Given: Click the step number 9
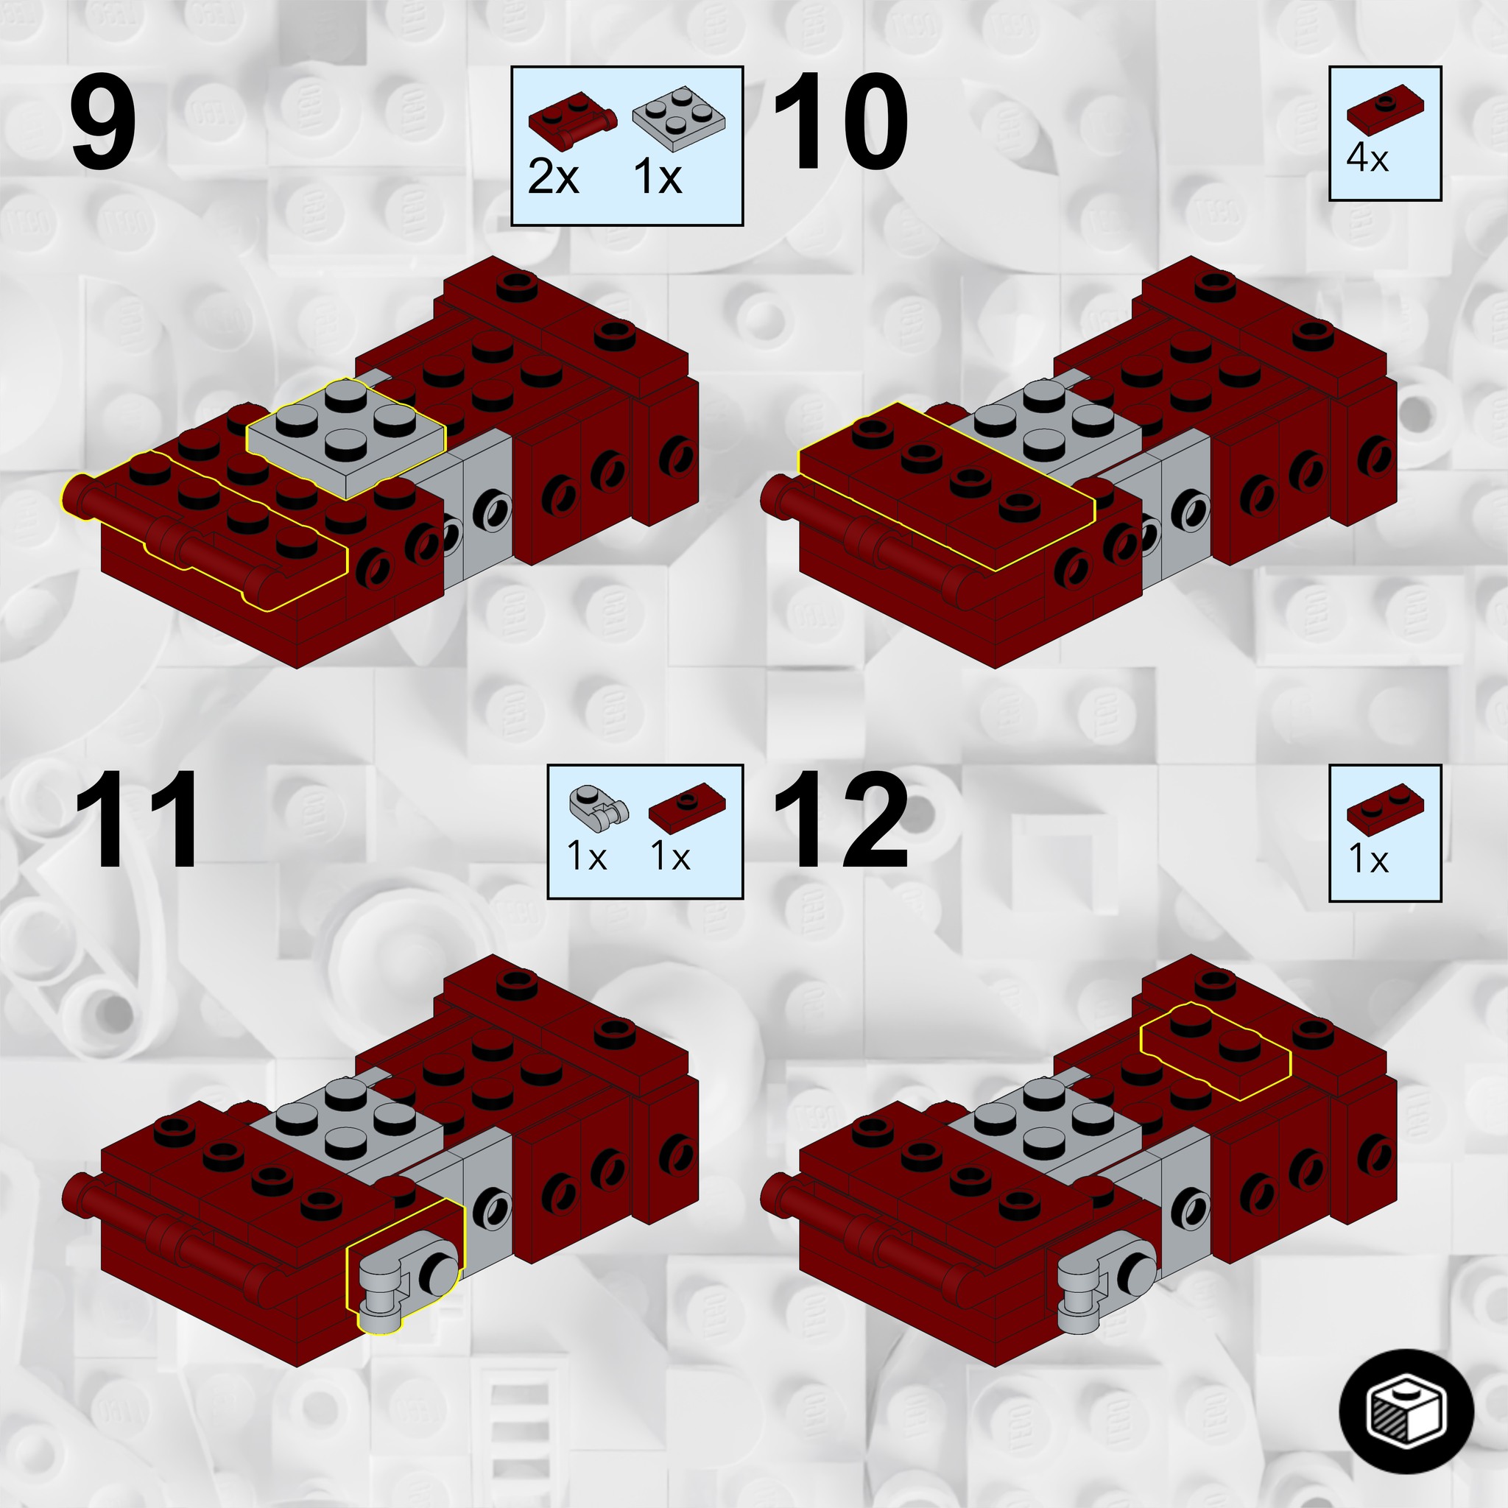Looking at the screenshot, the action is pyautogui.click(x=102, y=122).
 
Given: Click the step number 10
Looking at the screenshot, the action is pyautogui.click(x=841, y=121).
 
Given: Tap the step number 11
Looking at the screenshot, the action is pyautogui.click(x=138, y=819).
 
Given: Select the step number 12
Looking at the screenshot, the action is pyautogui.click(x=841, y=819).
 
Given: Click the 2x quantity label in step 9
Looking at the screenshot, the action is pyautogui.click(x=554, y=176).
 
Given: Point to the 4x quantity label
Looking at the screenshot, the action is pyautogui.click(x=1367, y=158).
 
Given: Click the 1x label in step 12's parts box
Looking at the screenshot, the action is pyautogui.click(x=1368, y=859).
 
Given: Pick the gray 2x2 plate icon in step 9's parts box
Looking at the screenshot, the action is pyautogui.click(x=679, y=118).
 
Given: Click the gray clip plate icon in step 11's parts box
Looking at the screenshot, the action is pyautogui.click(x=598, y=808).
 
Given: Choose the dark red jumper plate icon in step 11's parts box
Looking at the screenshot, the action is pyautogui.click(x=687, y=807).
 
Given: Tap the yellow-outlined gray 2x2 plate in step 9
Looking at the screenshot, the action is pyautogui.click(x=347, y=437).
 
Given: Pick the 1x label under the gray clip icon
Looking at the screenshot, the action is pyautogui.click(x=586, y=856).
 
